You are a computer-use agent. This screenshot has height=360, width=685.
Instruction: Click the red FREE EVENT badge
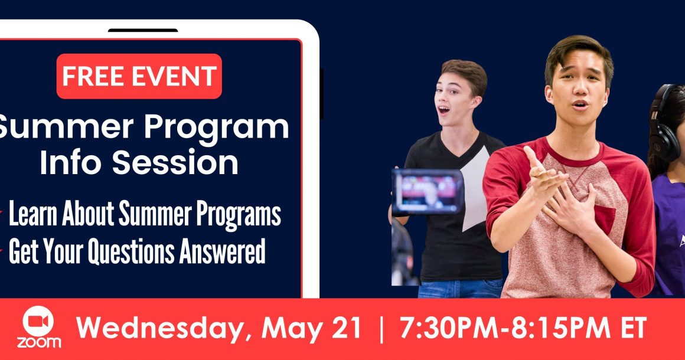[x=139, y=76]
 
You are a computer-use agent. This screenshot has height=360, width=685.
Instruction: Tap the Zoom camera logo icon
[x=38, y=322]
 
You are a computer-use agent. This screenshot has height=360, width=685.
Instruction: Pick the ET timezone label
[x=633, y=328]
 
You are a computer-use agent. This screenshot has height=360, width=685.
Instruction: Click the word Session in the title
[x=175, y=162]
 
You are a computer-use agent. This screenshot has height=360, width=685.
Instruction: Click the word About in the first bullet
[x=88, y=214]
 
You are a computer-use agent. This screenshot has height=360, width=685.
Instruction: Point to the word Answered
[x=222, y=251]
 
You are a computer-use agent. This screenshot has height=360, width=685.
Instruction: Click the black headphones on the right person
[x=664, y=125]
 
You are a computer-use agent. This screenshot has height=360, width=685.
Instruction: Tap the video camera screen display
[x=428, y=192]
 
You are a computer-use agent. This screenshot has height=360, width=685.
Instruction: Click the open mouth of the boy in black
[x=444, y=110]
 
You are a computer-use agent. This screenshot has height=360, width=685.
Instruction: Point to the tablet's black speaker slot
[x=143, y=30]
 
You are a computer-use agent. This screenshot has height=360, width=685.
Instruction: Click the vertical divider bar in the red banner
[x=381, y=329]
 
